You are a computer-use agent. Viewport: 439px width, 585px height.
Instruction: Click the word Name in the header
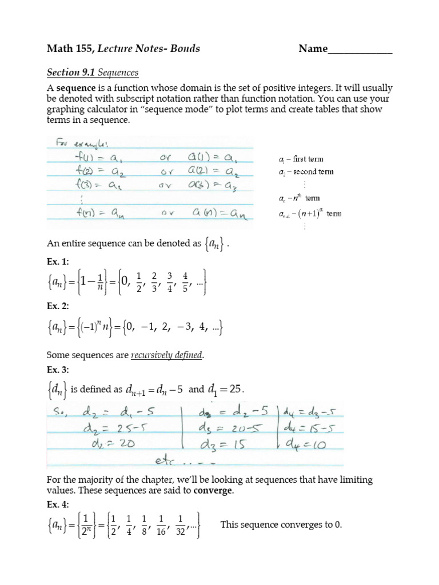pos(313,49)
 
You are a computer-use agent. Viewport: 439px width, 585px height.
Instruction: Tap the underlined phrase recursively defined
pos(167,355)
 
